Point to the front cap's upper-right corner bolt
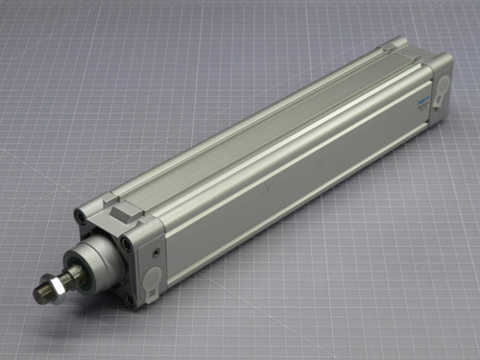coord(128,241)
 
